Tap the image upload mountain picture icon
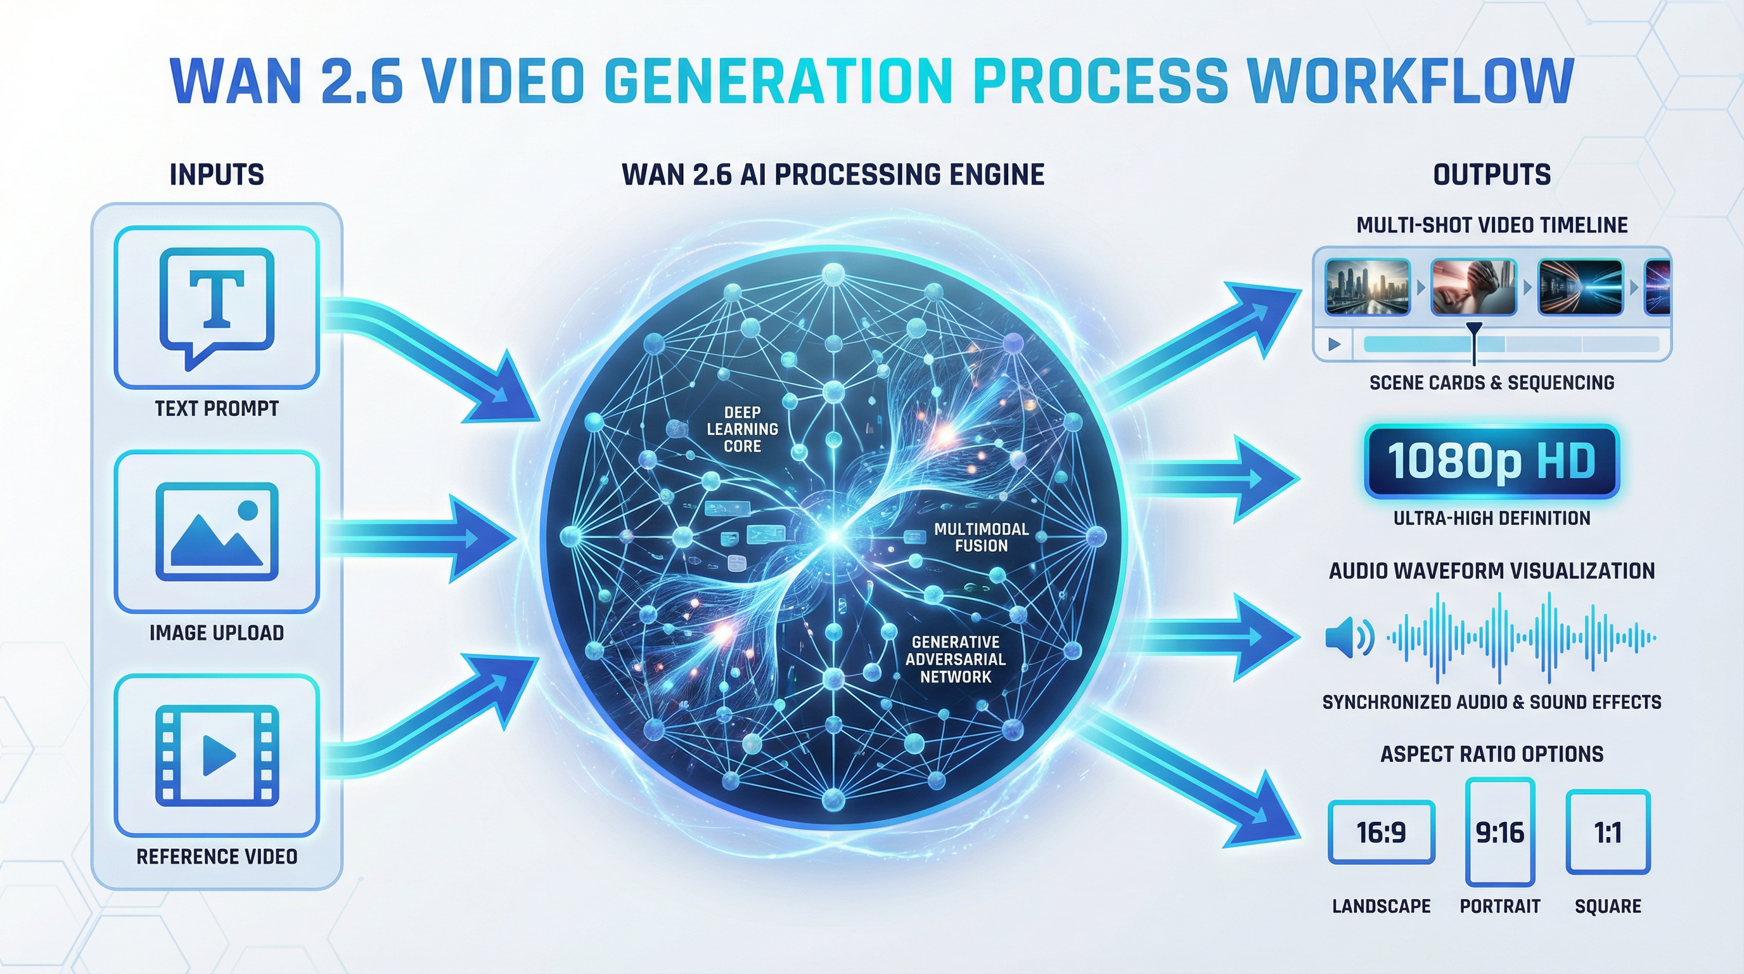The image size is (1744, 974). coord(217,531)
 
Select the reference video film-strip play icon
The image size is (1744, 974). coord(217,755)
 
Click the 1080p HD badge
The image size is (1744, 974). coord(1492,461)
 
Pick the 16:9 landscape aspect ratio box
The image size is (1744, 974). coord(1381,833)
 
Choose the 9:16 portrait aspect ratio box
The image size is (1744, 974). coord(1499,833)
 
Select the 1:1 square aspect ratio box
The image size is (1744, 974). coord(1608,833)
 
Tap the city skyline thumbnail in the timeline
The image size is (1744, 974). coord(1367,287)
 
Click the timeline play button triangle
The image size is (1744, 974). coord(1335,344)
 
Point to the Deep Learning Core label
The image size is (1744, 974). coord(742,429)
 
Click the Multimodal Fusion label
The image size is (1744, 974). coord(981,537)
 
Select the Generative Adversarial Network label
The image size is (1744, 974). coord(955,659)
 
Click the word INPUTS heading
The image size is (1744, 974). coord(217,175)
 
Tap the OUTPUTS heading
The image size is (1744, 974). coord(1492,175)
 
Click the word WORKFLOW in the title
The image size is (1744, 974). coord(1409,81)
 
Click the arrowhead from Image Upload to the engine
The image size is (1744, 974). coord(477,538)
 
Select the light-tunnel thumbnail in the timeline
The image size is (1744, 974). coord(1580,287)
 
